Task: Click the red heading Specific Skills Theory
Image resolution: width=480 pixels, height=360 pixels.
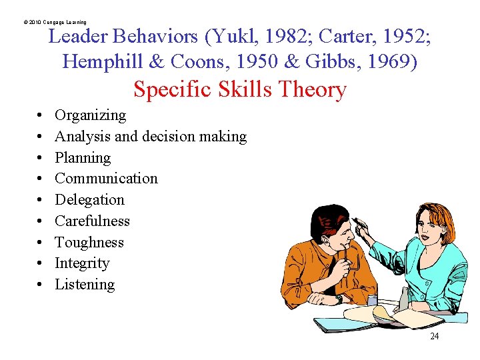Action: (240, 89)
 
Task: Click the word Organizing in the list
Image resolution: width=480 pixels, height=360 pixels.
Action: (90, 115)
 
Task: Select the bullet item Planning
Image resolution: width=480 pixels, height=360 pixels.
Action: (83, 158)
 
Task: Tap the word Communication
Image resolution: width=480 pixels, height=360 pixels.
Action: (106, 179)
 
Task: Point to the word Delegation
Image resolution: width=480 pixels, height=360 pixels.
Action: (89, 200)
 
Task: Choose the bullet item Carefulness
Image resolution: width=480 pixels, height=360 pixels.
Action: (92, 221)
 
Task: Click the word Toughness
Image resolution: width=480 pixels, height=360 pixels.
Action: (89, 243)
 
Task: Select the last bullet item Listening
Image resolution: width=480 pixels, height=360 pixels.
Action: (85, 285)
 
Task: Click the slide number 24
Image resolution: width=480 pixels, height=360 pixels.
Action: (434, 337)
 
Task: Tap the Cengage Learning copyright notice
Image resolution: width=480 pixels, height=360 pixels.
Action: (55, 22)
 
